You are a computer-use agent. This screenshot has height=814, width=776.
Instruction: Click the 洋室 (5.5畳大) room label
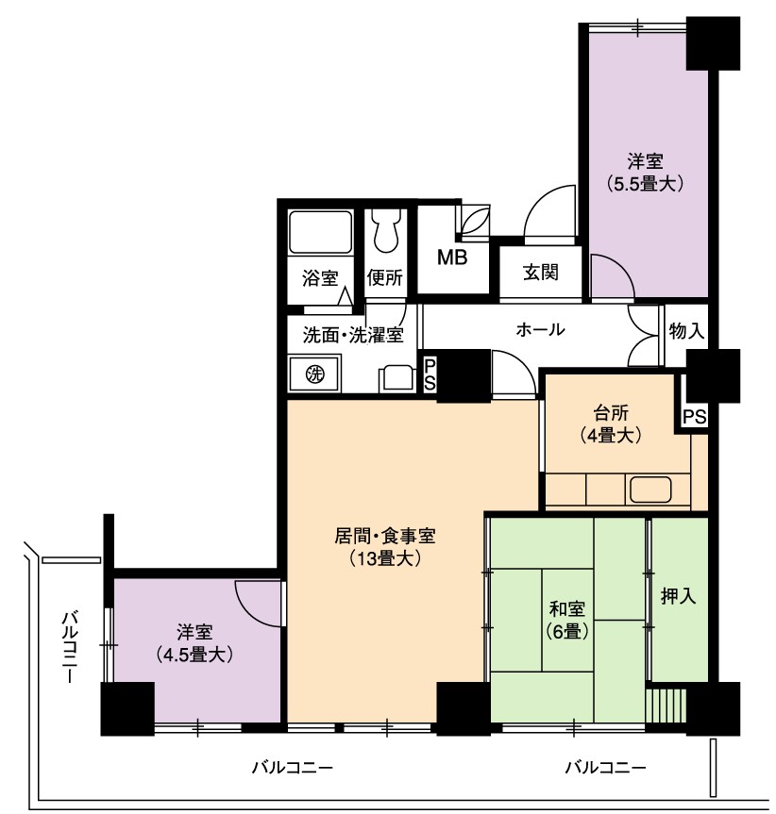coord(645,173)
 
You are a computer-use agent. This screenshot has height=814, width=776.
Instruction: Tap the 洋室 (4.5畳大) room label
coord(194,643)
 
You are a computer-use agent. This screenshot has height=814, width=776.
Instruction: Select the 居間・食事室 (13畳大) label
coord(384,547)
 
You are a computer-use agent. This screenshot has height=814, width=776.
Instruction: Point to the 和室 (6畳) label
coord(566,620)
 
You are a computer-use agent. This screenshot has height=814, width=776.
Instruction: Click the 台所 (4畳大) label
coord(611,424)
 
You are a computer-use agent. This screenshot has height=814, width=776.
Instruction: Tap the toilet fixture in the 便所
coord(386,231)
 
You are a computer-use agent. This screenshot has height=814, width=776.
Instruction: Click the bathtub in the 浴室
coord(320,232)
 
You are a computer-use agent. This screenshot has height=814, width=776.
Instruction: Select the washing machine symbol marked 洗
coord(314,374)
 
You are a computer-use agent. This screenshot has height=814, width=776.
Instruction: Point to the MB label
coord(452,257)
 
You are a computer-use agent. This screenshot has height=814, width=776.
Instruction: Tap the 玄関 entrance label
coord(540,272)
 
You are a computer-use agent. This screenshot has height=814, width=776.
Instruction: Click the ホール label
coord(540,329)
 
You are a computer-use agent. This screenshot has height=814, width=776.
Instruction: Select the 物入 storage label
coord(686,331)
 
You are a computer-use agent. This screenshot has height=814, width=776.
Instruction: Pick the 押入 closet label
coord(678,596)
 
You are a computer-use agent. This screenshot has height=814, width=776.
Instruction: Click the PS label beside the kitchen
coord(695,416)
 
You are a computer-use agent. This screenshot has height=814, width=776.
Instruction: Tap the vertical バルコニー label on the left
coord(70,646)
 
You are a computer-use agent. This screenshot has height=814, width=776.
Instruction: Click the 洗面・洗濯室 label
coord(353,335)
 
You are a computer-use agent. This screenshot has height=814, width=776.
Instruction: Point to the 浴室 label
coord(320,278)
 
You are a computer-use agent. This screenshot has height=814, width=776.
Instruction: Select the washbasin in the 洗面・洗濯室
coord(397,378)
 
